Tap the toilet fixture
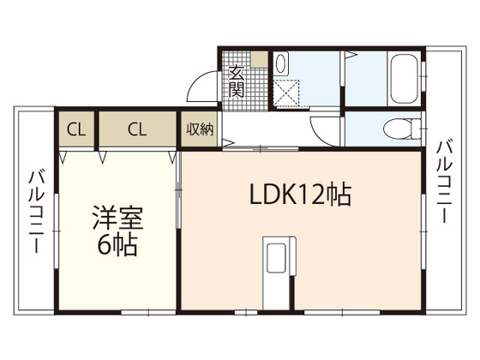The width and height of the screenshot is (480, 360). (x=399, y=129)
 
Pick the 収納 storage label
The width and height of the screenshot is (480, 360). (x=200, y=129)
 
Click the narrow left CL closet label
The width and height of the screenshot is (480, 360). (x=76, y=129)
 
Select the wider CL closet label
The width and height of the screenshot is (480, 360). (x=137, y=129)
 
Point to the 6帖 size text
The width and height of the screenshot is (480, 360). (x=116, y=244)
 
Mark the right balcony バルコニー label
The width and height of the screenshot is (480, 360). (x=443, y=181)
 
